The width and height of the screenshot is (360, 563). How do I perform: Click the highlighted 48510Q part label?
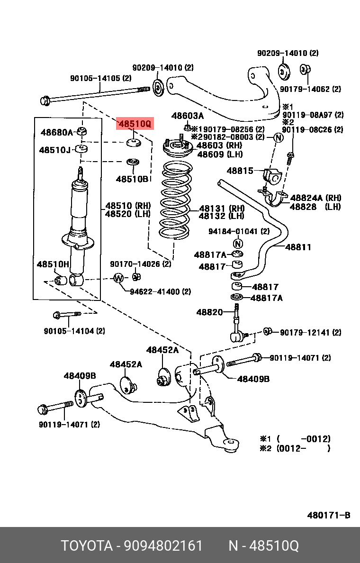coord(135,124)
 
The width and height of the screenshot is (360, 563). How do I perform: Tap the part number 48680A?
coord(56,132)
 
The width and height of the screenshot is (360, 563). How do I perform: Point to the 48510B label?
coord(132,179)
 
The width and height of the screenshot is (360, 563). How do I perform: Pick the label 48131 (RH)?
coord(221,208)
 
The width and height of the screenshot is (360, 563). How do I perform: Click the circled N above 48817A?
coord(238,244)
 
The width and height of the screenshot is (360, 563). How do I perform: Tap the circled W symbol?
coord(118,278)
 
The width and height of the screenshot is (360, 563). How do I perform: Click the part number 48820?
coord(209,312)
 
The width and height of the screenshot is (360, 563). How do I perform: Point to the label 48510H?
coord(53,264)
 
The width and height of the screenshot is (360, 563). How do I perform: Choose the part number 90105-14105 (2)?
coord(100,78)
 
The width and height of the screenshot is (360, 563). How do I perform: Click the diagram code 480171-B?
coord(328,515)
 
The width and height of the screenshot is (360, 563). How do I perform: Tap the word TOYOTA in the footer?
coord(86,545)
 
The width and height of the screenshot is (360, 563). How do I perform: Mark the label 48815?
coord(240,171)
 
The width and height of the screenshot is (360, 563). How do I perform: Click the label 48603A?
coord(188,116)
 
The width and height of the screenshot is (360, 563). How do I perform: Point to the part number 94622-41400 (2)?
coord(161,291)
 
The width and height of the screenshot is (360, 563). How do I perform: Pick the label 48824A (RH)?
coord(315,198)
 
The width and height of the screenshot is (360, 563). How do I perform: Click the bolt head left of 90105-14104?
coord(57,315)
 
